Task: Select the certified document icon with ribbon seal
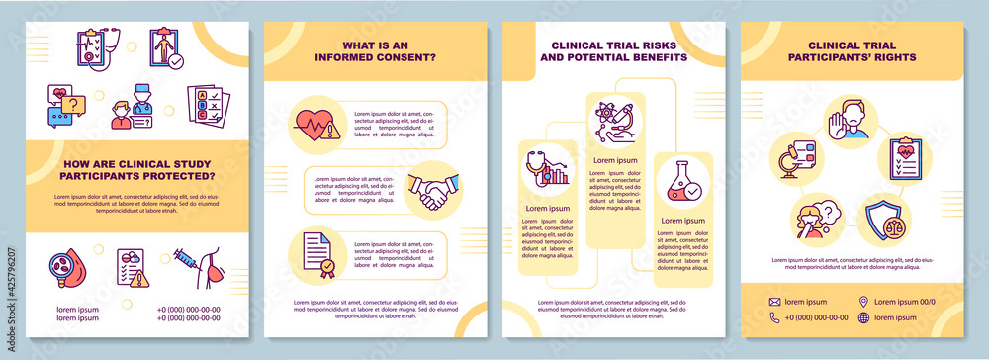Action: click(x=316, y=254)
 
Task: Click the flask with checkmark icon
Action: click(x=682, y=181)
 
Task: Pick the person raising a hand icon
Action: click(x=848, y=118)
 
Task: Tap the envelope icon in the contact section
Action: click(x=774, y=302)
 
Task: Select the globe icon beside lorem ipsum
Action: click(x=864, y=317)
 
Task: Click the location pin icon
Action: click(x=864, y=302)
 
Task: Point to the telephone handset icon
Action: click(x=774, y=317)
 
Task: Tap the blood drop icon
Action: click(x=68, y=271)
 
